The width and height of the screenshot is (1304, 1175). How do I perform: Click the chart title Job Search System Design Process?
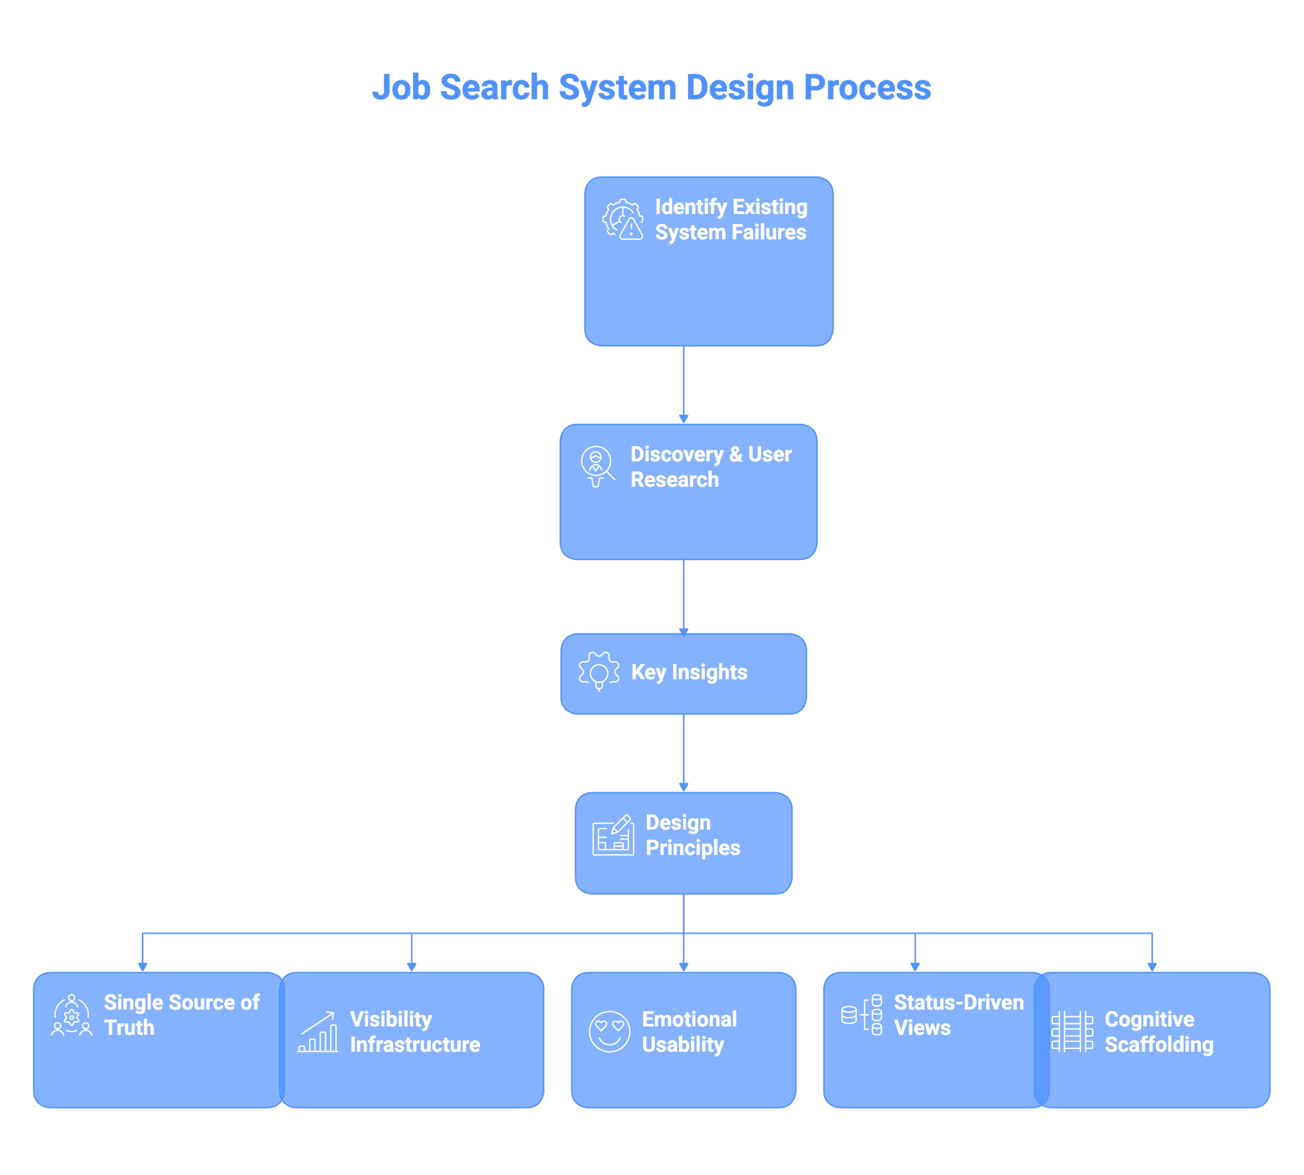point(651,87)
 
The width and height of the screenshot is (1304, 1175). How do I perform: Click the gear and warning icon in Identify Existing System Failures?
point(623,220)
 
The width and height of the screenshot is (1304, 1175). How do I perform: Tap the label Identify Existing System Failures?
point(731,220)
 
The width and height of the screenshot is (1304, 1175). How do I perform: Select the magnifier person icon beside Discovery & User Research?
point(597,466)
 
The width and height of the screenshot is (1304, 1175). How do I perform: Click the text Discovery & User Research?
point(710,467)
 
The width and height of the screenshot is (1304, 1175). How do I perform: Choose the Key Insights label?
point(689,672)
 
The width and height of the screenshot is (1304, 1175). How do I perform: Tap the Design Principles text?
point(692,835)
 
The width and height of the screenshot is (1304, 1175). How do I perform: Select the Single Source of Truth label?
point(182,1015)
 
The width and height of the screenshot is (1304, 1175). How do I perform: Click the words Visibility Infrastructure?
point(415,1032)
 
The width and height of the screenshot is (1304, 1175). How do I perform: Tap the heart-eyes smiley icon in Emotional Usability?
point(609,1032)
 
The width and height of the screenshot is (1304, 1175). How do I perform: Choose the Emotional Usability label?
point(689,1032)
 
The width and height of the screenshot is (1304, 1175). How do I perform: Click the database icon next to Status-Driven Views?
point(862,1015)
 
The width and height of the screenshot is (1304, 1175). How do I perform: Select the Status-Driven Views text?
point(958,1015)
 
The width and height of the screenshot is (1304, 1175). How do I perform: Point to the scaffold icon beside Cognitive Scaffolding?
point(1072,1032)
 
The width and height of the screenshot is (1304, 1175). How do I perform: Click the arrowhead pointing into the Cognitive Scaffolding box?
point(1152,966)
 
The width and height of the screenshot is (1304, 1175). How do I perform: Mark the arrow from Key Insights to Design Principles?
point(684,752)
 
